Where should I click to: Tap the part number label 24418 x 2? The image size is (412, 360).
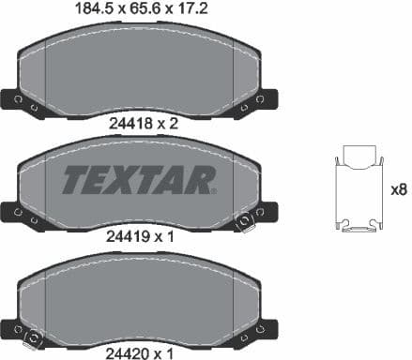140,122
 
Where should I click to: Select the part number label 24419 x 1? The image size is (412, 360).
140,237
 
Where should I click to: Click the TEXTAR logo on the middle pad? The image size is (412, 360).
140,178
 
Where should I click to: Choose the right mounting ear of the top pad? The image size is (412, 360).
266,99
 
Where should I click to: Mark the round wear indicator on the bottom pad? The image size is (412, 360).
34,337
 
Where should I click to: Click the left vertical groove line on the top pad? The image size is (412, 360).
47,70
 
